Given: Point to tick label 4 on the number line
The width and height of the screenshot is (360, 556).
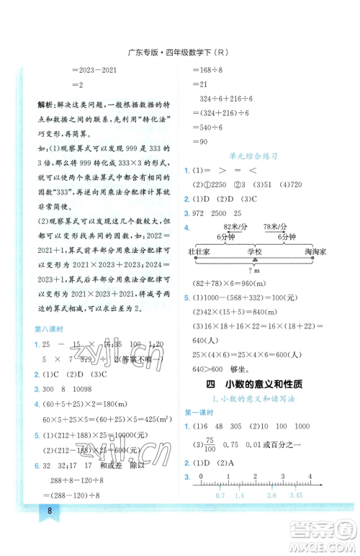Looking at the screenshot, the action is point(310,476).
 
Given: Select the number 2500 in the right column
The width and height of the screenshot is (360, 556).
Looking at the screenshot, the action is point(229,213).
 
